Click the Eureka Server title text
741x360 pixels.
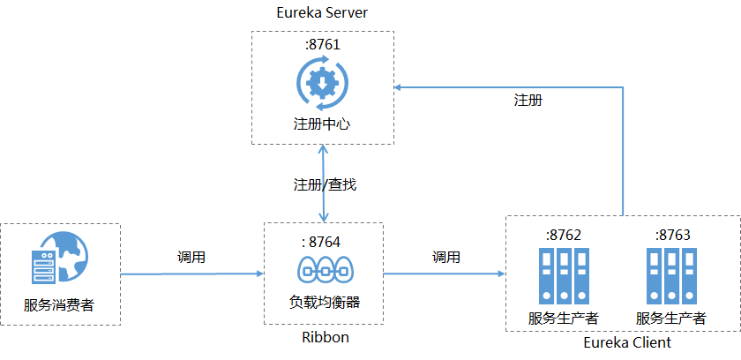pos(322,13)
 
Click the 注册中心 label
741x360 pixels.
pos(322,124)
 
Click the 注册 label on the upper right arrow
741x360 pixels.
pos(528,100)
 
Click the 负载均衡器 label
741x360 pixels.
pos(325,302)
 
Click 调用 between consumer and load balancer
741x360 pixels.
pos(191,258)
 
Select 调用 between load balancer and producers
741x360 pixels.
pos(445,258)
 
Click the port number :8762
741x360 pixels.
pos(565,235)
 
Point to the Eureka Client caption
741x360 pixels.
pos(627,342)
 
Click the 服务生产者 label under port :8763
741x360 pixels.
pos(670,318)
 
